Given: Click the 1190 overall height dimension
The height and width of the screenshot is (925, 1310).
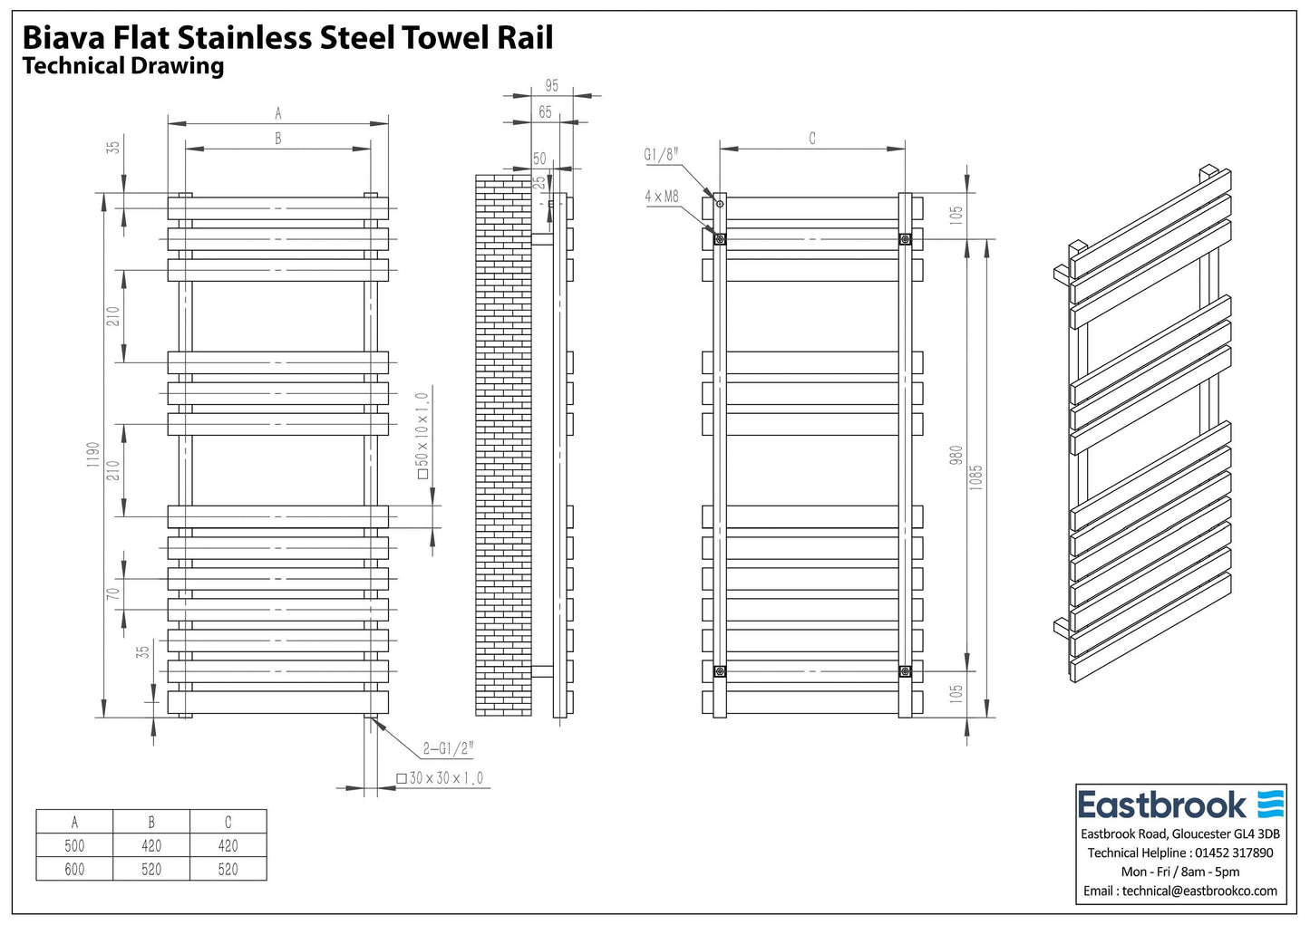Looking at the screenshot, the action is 93,455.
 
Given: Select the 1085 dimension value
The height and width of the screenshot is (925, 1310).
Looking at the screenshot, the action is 975,477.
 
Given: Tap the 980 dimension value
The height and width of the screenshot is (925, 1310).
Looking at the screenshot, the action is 956,455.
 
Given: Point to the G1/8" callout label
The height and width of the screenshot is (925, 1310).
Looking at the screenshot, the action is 661,154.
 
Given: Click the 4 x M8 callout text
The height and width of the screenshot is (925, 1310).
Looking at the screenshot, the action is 662,197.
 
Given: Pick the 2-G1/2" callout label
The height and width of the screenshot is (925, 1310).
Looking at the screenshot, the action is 448,748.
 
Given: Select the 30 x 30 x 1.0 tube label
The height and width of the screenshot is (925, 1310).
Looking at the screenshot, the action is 441,778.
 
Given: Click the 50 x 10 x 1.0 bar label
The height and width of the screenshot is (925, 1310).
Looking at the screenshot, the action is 422,436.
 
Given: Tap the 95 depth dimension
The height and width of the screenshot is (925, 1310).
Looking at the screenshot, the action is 551,86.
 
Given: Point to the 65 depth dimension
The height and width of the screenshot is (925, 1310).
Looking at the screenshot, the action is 545,112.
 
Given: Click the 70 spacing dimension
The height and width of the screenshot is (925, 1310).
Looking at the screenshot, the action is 113,593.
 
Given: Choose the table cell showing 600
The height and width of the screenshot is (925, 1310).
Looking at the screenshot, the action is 75,869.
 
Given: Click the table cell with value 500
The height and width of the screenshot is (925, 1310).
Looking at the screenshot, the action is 75,845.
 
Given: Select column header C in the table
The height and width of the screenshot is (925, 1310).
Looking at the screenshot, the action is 228,822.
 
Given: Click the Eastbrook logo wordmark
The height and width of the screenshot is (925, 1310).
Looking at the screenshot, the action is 1162,805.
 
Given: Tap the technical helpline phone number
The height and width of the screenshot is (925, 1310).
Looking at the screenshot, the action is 1234,853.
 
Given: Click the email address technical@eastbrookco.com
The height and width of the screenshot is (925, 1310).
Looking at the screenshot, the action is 1199,891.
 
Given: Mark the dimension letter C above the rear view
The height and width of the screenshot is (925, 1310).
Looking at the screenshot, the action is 812,139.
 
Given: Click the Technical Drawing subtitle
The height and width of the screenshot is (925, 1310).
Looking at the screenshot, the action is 122,66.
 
